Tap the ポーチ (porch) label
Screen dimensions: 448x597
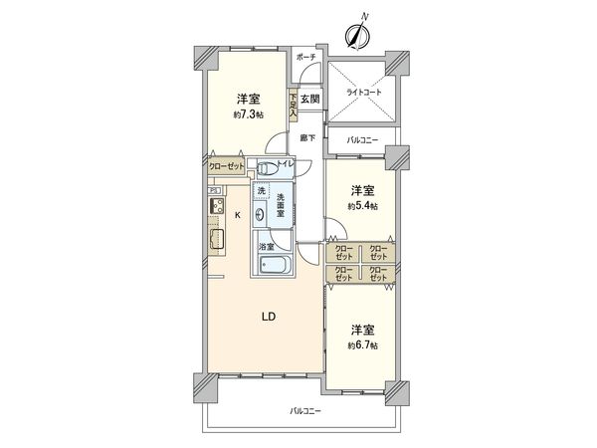306,58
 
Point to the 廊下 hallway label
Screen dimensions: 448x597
308,137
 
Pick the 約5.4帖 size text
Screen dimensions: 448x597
362,206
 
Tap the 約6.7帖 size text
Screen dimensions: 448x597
362,344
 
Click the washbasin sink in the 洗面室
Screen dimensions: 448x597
261,213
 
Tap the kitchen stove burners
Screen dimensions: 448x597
215,207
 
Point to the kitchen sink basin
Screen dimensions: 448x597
216,240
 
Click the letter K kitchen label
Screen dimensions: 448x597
237,214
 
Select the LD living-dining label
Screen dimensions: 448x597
268,317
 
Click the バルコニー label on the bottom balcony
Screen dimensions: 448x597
305,410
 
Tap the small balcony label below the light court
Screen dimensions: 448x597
360,140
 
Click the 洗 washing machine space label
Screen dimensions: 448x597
261,190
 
